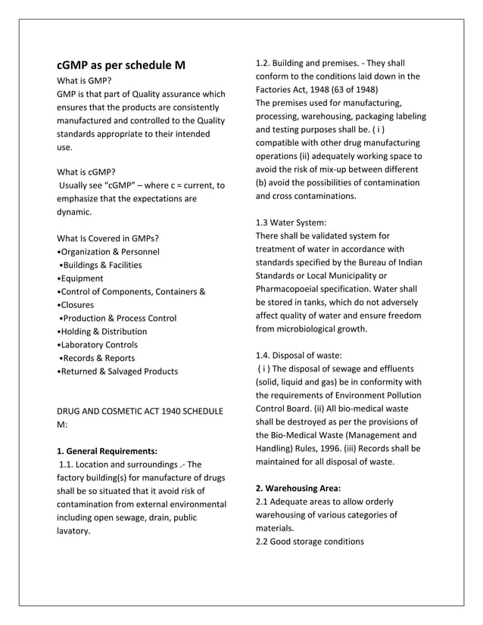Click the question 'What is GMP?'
pyautogui.click(x=86, y=80)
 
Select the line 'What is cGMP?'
pyautogui.click(x=87, y=172)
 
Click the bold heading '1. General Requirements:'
pyautogui.click(x=108, y=451)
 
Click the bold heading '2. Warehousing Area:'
pyautogui.click(x=298, y=488)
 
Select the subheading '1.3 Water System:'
pyautogui.click(x=291, y=222)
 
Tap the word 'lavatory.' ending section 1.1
pyautogui.click(x=73, y=530)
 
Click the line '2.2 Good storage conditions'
pyautogui.click(x=310, y=541)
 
